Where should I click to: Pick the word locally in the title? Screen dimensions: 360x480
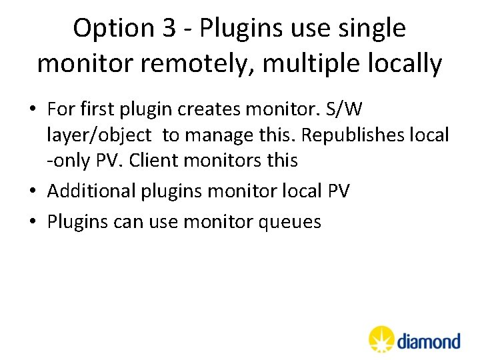point(406,64)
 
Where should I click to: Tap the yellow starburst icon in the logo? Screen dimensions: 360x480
point(381,339)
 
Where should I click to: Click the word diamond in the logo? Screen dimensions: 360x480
point(429,341)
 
